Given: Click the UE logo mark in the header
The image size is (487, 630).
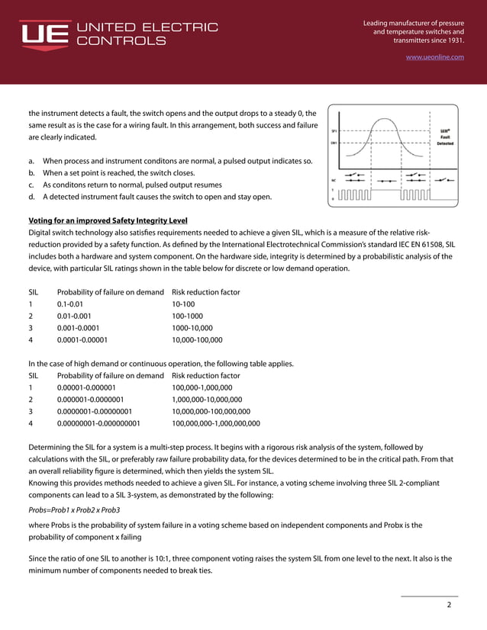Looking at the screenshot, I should click(44, 34).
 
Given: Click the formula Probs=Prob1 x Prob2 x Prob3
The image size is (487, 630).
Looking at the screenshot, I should click(74, 509).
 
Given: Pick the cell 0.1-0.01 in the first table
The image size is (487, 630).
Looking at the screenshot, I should click(72, 305).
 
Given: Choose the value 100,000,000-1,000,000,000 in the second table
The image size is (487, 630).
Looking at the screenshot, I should click(216, 423).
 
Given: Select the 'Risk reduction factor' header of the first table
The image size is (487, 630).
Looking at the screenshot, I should click(206, 292).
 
